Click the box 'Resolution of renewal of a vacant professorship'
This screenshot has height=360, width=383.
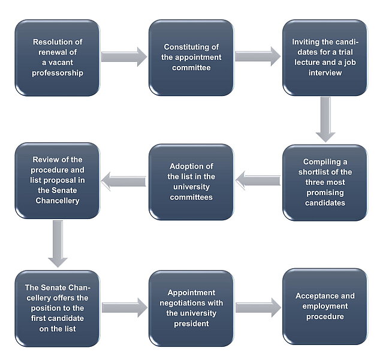point(58,58)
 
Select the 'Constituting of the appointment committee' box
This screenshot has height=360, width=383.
point(191,58)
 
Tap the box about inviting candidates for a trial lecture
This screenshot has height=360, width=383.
point(325,58)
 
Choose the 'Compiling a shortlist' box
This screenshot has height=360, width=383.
point(325,182)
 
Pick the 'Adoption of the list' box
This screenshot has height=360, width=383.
point(191,182)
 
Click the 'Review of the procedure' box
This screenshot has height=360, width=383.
point(58,181)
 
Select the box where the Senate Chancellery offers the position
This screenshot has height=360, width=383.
point(58,308)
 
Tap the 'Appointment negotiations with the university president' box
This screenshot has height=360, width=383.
point(191,308)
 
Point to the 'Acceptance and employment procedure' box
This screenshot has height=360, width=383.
point(325,307)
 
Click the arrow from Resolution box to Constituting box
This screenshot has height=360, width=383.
point(124,57)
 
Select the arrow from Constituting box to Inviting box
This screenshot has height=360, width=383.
point(258,56)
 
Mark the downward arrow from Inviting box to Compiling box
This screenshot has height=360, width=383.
point(325,119)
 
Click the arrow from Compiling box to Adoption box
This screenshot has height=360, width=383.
point(258,181)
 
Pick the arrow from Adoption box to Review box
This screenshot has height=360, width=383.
point(123,181)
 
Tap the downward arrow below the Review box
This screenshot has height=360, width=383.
point(58,244)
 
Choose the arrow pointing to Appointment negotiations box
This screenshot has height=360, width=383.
point(125,307)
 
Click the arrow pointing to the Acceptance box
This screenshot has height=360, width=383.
point(258,307)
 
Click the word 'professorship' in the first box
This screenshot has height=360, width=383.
point(58,73)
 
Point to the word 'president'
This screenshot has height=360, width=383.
point(191,323)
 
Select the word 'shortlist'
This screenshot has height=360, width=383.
point(315,172)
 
